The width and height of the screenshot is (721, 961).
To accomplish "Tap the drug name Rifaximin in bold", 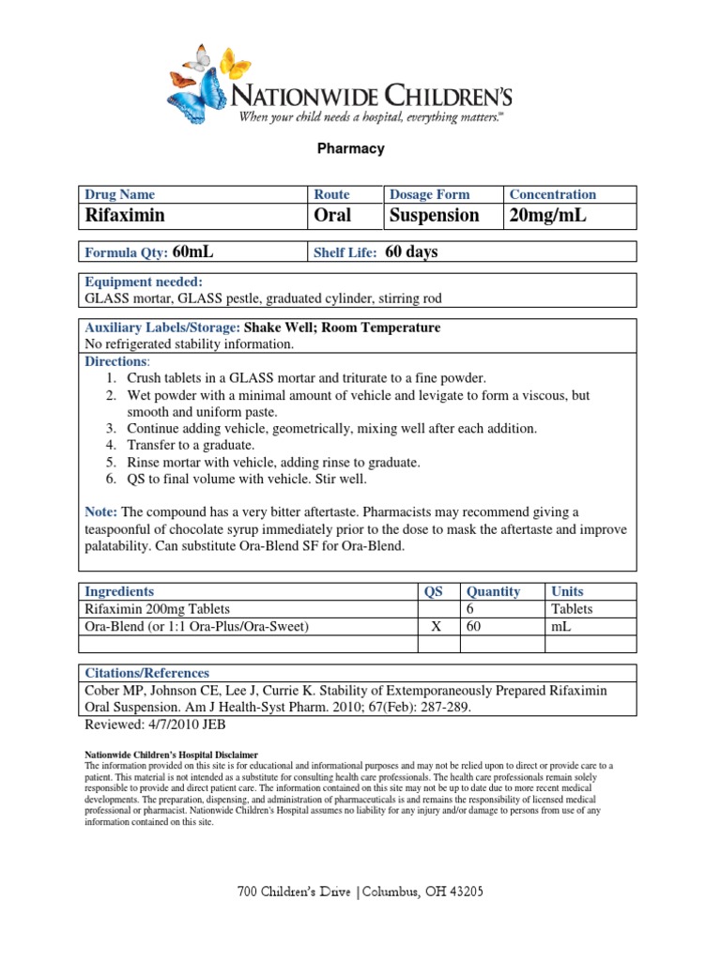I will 125,216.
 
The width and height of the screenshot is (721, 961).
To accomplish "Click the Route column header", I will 331,194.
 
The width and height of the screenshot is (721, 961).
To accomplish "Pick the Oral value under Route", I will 332,216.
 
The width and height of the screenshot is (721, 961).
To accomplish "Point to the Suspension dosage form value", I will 434,216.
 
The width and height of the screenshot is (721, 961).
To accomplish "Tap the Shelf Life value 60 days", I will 411,252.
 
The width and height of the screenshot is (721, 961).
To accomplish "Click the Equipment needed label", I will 144,282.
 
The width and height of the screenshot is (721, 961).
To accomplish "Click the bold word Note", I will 100,511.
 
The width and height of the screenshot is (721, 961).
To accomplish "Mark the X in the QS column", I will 436,626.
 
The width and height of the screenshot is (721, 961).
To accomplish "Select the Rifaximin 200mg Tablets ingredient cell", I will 157,609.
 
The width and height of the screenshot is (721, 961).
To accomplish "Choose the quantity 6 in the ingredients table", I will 469,609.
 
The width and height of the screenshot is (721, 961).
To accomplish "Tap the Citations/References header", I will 146,673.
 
